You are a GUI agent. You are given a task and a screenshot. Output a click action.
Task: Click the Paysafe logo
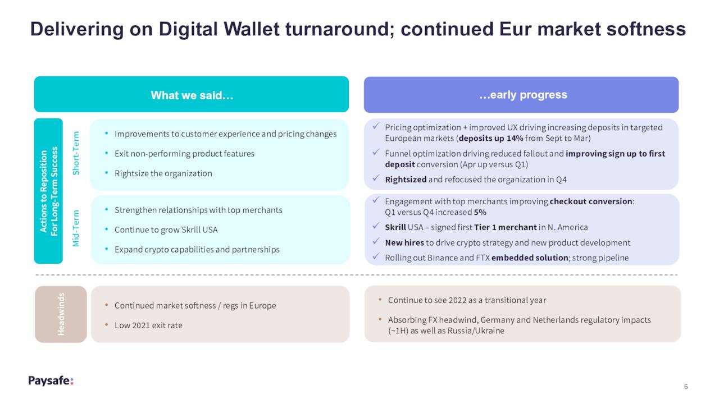pyautogui.click(x=51, y=380)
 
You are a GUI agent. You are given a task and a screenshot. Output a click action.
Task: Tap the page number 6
pyautogui.click(x=686, y=387)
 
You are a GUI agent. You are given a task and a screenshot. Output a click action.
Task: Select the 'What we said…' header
pyautogui.click(x=192, y=95)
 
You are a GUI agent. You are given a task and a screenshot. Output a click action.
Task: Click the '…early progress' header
pyautogui.click(x=523, y=95)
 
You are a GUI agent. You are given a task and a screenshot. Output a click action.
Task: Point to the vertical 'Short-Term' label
pyautogui.click(x=76, y=153)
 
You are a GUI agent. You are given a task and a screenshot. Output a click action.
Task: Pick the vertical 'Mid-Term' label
pyautogui.click(x=76, y=228)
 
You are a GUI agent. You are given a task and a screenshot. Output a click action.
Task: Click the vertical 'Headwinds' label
pyautogui.click(x=61, y=314)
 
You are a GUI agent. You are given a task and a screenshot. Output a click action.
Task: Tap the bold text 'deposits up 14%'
pyautogui.click(x=491, y=138)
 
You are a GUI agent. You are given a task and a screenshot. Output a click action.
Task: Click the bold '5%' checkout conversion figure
pyautogui.click(x=480, y=212)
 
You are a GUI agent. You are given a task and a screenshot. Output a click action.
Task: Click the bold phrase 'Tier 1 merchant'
pyautogui.click(x=505, y=227)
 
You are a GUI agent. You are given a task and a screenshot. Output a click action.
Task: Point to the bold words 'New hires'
pyautogui.click(x=404, y=242)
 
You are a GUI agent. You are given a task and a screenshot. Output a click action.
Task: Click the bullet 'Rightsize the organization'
pyautogui.click(x=163, y=173)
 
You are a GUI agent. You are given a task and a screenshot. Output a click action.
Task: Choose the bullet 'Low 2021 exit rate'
pyautogui.click(x=148, y=325)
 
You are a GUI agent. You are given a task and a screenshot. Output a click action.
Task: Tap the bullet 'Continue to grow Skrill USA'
pyautogui.click(x=166, y=229)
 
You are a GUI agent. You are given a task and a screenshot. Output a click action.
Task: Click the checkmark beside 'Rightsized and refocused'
pyautogui.click(x=376, y=178)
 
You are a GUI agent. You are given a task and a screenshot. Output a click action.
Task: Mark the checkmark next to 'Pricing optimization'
pyautogui.click(x=376, y=126)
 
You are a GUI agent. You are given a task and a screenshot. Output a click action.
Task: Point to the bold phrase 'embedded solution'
pyautogui.click(x=530, y=258)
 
